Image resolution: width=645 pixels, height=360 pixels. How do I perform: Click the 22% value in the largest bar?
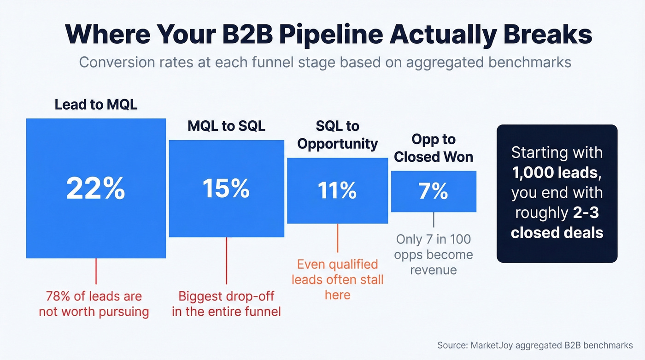[x=96, y=188]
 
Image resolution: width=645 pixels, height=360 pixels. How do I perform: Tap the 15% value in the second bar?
[x=226, y=188]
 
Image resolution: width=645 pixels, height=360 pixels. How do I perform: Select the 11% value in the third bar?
[x=337, y=190]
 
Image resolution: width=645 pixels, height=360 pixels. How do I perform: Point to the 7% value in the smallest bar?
[x=434, y=191]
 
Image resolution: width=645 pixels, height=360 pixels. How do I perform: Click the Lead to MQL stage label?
[x=96, y=105]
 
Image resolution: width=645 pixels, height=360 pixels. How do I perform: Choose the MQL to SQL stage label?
[x=226, y=126]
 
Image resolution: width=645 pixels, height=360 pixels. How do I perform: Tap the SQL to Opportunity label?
[x=337, y=135]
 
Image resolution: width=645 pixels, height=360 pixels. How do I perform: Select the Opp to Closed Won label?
[x=434, y=148]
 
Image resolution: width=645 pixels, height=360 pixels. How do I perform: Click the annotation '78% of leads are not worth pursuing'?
[x=94, y=304]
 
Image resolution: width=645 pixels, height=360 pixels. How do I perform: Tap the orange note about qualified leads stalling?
[x=337, y=279]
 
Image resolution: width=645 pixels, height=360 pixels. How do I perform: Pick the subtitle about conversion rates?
[x=325, y=62]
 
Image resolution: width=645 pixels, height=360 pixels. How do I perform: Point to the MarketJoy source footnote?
[x=534, y=345]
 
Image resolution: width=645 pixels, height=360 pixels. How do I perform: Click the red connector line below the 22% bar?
[x=96, y=271]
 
